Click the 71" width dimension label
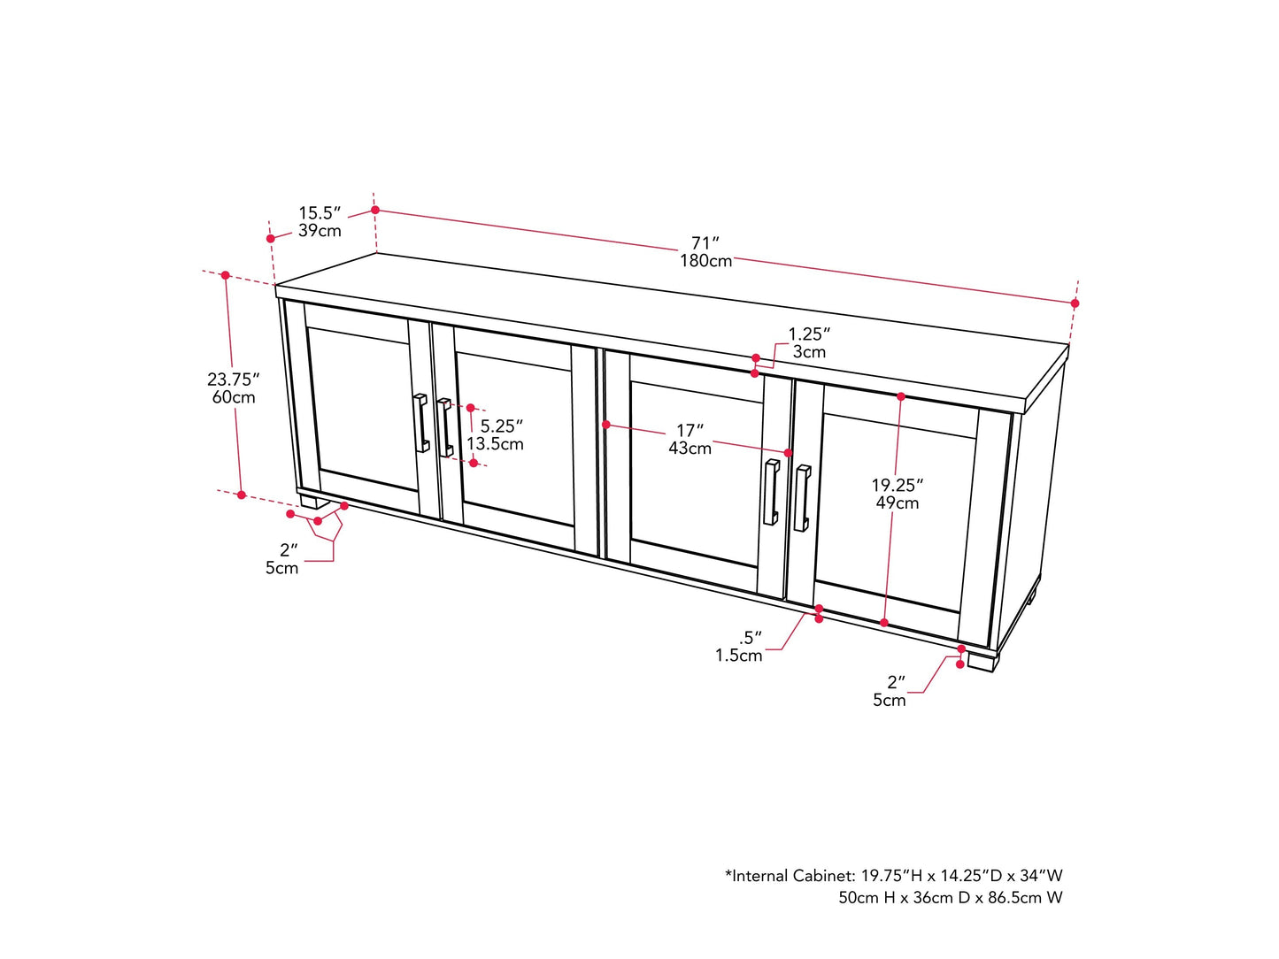pyautogui.click(x=705, y=242)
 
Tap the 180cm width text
pyautogui.click(x=705, y=261)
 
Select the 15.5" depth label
pyautogui.click(x=320, y=213)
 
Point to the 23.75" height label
pyautogui.click(x=233, y=380)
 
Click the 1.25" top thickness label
pyautogui.click(x=809, y=334)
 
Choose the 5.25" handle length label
pyautogui.click(x=501, y=426)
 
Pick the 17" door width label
pyautogui.click(x=690, y=431)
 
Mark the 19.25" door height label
pyautogui.click(x=897, y=485)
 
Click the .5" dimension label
pyautogui.click(x=750, y=638)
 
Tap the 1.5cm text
pyautogui.click(x=739, y=656)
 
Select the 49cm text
pyautogui.click(x=898, y=503)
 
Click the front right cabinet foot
pyautogui.click(x=982, y=661)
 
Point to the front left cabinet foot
pyautogui.click(x=309, y=501)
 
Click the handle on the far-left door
pyautogui.click(x=421, y=423)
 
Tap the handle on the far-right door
pyautogui.click(x=802, y=498)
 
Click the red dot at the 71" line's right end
pyautogui.click(x=1075, y=303)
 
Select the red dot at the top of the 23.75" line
pyautogui.click(x=226, y=276)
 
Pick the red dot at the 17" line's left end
pyautogui.click(x=606, y=425)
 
